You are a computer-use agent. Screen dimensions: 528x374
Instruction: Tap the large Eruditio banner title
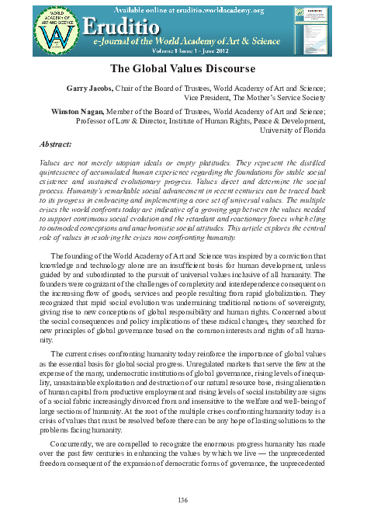click(129, 23)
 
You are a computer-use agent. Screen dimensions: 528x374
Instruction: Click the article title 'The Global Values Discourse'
click(186, 68)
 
